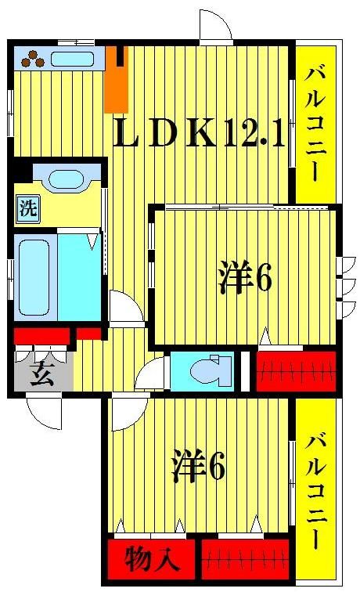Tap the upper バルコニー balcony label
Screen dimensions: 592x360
pos(315,123)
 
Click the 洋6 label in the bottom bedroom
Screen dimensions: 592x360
pos(199,467)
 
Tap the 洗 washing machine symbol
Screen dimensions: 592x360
pos(27,209)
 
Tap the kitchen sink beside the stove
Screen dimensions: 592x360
pos(74,58)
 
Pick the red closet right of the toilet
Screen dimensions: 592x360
pos(297,370)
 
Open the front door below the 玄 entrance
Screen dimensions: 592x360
pos(45,412)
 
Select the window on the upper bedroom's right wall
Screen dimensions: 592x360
pos(341,277)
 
